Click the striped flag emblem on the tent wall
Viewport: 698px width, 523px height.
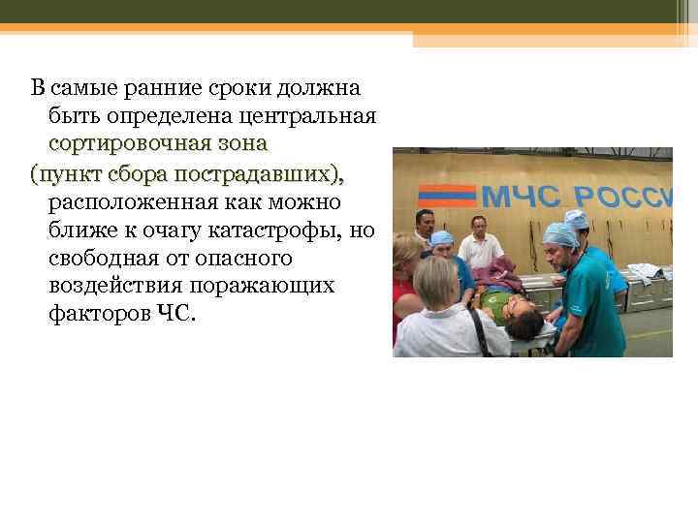[445, 194]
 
